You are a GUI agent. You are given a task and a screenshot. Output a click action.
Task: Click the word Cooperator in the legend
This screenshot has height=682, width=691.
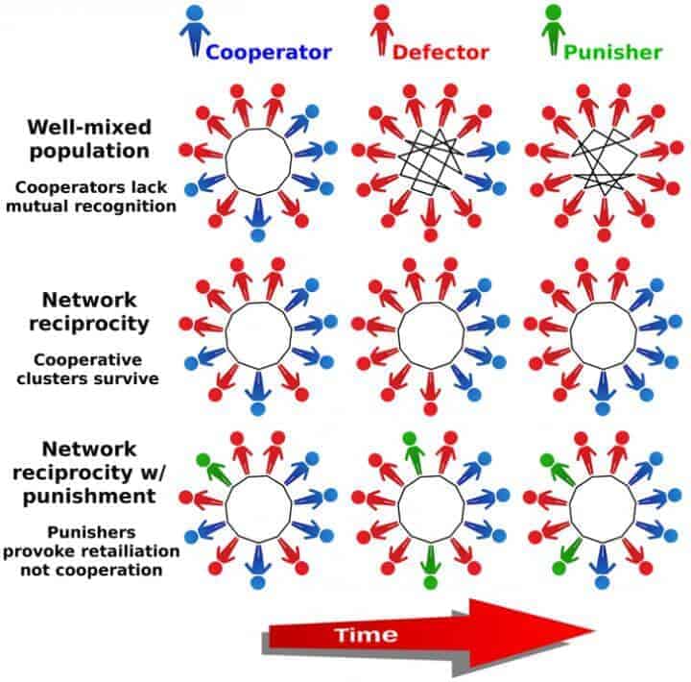click(270, 51)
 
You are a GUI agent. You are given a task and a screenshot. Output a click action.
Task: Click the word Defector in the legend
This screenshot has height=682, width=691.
click(441, 51)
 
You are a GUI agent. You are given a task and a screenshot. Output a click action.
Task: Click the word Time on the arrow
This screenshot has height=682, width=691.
click(366, 634)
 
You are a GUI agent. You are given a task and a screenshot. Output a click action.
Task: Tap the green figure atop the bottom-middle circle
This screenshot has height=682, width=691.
click(412, 451)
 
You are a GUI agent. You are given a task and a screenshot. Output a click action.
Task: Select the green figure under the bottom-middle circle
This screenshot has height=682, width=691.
click(430, 567)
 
